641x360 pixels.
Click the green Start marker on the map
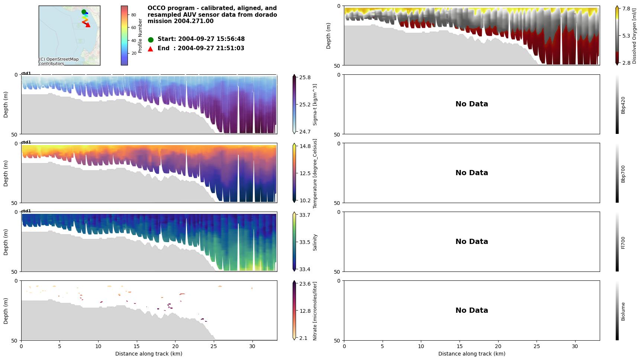click(x=84, y=12)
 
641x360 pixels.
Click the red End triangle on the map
click(x=88, y=25)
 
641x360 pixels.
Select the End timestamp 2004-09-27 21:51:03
click(x=211, y=48)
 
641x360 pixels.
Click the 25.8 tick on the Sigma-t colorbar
click(x=305, y=77)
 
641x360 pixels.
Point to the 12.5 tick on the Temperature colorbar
click(x=305, y=173)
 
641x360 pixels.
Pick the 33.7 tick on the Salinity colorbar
click(x=305, y=215)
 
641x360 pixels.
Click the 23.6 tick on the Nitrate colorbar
click(x=305, y=284)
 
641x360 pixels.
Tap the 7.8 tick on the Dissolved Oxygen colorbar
click(x=626, y=9)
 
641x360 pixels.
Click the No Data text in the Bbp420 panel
click(x=471, y=104)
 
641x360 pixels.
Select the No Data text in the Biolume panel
click(x=471, y=311)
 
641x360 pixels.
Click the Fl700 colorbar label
click(x=623, y=242)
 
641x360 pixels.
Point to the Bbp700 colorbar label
click(x=623, y=174)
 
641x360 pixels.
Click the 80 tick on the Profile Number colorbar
click(x=133, y=15)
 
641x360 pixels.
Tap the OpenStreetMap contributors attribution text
click(x=59, y=61)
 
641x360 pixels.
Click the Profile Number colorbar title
click(x=140, y=36)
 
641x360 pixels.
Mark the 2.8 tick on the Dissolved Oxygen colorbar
click(x=626, y=63)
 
